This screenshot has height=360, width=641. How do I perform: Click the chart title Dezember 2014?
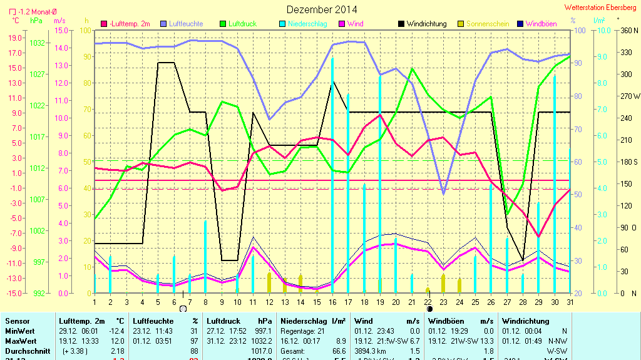tap(322, 9)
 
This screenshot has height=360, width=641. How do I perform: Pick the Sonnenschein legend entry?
tap(489, 24)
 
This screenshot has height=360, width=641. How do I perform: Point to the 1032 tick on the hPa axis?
tap(38, 43)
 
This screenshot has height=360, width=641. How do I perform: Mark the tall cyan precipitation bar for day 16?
tap(332, 175)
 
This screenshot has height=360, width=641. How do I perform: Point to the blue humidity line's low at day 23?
tap(443, 193)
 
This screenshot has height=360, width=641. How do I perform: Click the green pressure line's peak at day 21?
tap(411, 69)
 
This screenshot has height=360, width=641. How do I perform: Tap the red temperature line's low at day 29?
tap(538, 237)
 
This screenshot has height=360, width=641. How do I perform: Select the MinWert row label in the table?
tap(19, 331)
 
